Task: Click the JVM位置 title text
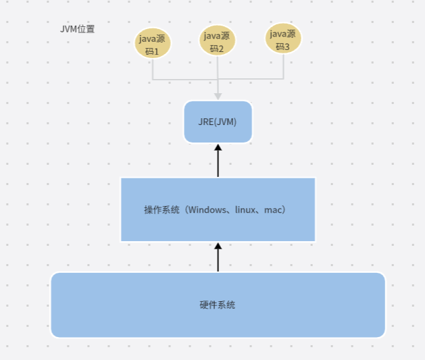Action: [x=77, y=30]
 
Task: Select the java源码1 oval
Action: [x=153, y=44]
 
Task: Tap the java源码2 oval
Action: [x=218, y=41]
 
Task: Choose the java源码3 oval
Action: [x=283, y=38]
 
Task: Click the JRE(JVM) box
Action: [x=218, y=122]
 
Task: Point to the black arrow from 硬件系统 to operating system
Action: [x=218, y=257]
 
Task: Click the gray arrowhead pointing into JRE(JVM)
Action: [x=218, y=97]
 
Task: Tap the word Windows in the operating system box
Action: [x=207, y=210]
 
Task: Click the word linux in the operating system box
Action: [x=244, y=210]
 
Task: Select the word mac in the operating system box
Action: [x=273, y=210]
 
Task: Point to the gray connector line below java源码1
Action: [x=153, y=70]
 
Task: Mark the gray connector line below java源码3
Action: [x=283, y=67]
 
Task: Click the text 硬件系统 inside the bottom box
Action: [x=218, y=305]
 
